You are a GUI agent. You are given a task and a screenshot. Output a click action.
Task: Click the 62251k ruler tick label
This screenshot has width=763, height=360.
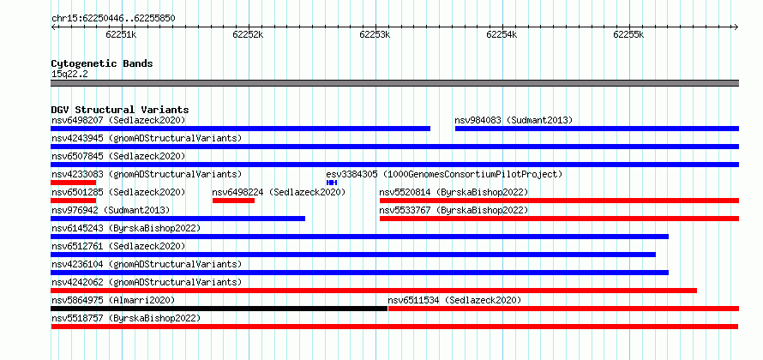coord(121,34)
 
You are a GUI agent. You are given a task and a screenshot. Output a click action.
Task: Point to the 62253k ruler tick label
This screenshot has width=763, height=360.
coord(375,34)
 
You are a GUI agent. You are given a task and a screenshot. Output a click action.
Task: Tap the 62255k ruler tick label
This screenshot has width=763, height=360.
coord(628,34)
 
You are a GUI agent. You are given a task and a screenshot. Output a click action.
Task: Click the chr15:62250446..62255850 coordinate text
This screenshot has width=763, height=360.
coord(113,19)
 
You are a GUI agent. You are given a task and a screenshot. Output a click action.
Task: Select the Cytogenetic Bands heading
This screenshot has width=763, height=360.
coord(102,63)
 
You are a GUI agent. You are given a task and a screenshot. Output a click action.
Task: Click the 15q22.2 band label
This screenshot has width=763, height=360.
coord(69,75)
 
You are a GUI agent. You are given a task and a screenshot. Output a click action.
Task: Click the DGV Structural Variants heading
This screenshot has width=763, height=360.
coord(120,110)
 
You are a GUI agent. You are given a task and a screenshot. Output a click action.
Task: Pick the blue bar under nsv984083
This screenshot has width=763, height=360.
coord(597,129)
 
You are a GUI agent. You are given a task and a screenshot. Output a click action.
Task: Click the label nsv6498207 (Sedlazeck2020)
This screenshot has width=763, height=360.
coord(118,120)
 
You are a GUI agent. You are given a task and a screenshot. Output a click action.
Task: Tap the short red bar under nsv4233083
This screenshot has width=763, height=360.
coord(74,183)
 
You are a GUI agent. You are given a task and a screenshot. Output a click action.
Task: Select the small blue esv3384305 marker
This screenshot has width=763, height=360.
coord(332,183)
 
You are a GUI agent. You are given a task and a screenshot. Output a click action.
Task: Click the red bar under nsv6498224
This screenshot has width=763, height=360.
coord(233,201)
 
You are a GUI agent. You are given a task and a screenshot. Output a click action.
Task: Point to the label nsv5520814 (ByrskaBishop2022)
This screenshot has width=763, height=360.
coord(454,192)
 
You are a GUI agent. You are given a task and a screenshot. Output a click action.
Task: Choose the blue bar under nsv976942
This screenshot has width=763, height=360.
coord(178,219)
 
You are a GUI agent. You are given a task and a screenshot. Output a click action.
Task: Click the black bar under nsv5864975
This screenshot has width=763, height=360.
coord(219,309)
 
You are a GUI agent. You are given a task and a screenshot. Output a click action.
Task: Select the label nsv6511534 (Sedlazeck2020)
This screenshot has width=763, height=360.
coord(454,300)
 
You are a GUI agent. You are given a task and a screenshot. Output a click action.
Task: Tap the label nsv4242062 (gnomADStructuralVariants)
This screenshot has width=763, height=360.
coord(147,282)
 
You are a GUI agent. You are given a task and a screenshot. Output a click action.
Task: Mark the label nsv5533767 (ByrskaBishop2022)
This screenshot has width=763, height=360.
coord(454,210)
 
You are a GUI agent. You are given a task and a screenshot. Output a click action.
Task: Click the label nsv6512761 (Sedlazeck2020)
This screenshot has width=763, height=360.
coord(118,246)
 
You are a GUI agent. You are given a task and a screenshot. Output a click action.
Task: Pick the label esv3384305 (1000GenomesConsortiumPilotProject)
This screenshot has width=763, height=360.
coord(444,174)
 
